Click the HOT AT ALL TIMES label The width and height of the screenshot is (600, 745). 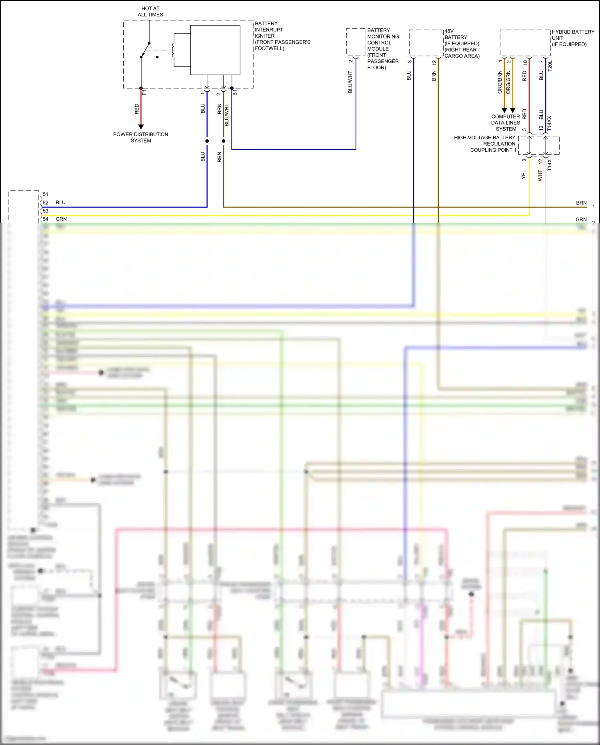[150, 12]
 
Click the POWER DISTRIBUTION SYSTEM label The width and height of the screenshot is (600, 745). [140, 137]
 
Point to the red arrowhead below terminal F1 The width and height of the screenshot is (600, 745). [141, 127]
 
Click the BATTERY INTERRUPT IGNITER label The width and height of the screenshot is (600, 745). [282, 36]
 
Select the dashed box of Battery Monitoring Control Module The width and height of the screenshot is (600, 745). [356, 42]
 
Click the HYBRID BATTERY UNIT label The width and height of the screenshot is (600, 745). [572, 38]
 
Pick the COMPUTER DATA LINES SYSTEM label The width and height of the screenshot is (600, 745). [506, 122]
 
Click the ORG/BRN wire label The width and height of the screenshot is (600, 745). [500, 82]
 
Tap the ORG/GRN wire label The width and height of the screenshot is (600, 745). [508, 82]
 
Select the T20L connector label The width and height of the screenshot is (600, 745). [550, 66]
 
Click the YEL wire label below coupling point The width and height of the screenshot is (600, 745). [524, 175]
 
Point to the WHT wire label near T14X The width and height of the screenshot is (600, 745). [540, 175]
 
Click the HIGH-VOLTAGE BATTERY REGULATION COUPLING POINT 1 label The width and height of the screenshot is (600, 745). [485, 144]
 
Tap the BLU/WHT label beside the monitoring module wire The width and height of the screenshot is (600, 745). [350, 82]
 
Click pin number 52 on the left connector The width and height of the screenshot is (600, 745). [46, 203]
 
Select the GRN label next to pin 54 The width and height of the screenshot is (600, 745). [61, 219]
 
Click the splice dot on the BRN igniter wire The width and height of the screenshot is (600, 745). [224, 141]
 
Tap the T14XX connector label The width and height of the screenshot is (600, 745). [549, 123]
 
